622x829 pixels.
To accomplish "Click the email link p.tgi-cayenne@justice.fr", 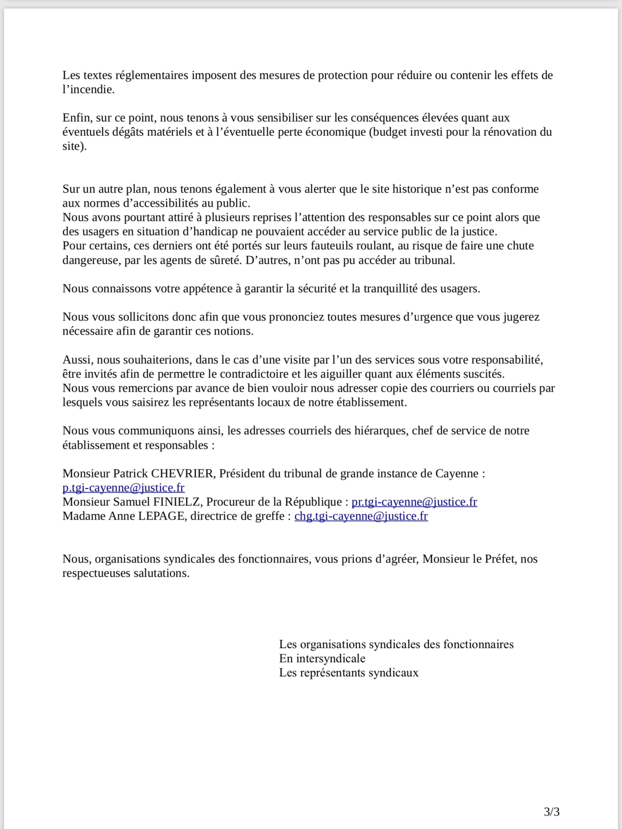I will [123, 488].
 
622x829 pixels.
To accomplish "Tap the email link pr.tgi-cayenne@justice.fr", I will [414, 502].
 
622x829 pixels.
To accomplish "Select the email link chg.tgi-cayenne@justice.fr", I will [361, 516].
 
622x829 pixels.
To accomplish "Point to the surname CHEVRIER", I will [182, 473].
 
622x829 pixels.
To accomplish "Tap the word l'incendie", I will [88, 90].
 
